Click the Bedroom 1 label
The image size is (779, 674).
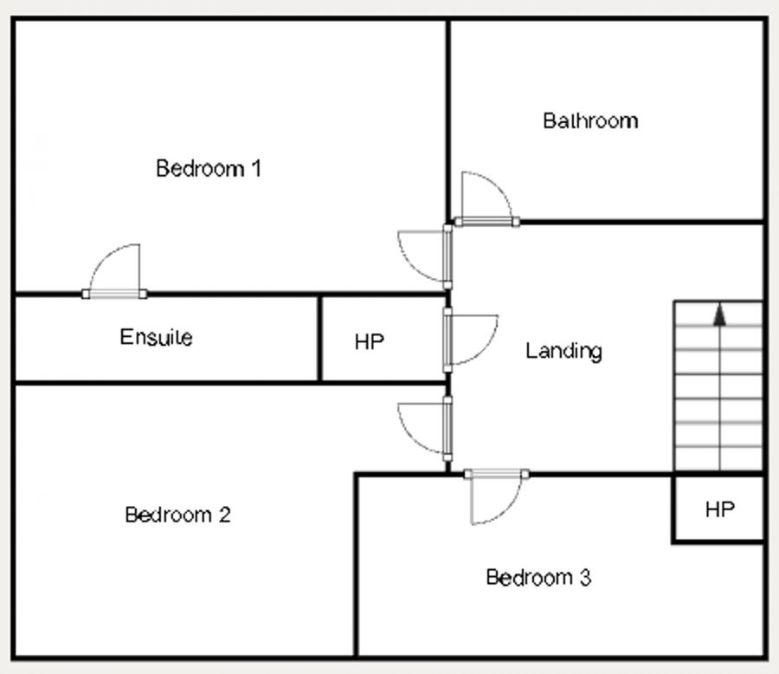[x=208, y=168]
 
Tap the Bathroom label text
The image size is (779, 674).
[x=590, y=121]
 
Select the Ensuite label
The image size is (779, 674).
[x=156, y=337]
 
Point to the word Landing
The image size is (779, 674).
[x=563, y=351]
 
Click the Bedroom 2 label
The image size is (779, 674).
[x=177, y=515]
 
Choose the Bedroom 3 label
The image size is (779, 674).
[x=538, y=577]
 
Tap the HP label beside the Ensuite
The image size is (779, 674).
[x=370, y=341]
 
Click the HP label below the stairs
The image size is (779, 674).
[x=720, y=509]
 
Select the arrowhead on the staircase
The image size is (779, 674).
[x=719, y=315]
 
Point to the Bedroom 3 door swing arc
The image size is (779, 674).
[x=506, y=512]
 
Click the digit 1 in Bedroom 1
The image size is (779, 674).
[x=256, y=168]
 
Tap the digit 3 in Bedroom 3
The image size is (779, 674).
[x=585, y=577]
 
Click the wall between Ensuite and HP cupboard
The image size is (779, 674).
[x=319, y=339]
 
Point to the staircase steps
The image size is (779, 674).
[x=718, y=386]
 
